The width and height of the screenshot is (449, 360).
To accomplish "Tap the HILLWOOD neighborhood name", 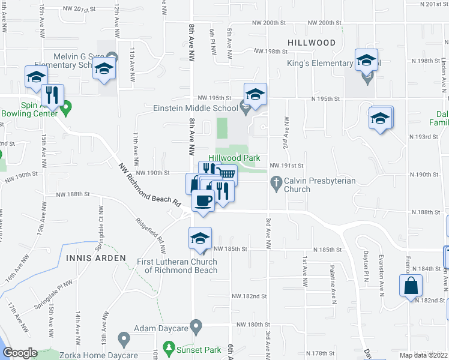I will pos(311,43).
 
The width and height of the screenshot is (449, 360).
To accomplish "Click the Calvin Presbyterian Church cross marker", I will pos(276,181).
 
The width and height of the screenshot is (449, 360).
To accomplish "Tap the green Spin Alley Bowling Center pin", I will pos(67,107).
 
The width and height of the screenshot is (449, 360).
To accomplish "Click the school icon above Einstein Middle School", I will pos(255,94).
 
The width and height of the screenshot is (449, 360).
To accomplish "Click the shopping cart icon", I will pos(226,174).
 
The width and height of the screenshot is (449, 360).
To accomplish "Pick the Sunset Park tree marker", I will pos(170,347).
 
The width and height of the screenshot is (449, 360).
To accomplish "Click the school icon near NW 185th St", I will pos(200,239).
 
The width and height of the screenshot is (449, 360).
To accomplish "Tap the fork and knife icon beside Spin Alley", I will pos(52,95).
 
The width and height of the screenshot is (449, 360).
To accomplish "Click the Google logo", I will pos(20,353).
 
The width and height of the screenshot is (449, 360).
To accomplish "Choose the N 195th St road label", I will pos(325,98).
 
